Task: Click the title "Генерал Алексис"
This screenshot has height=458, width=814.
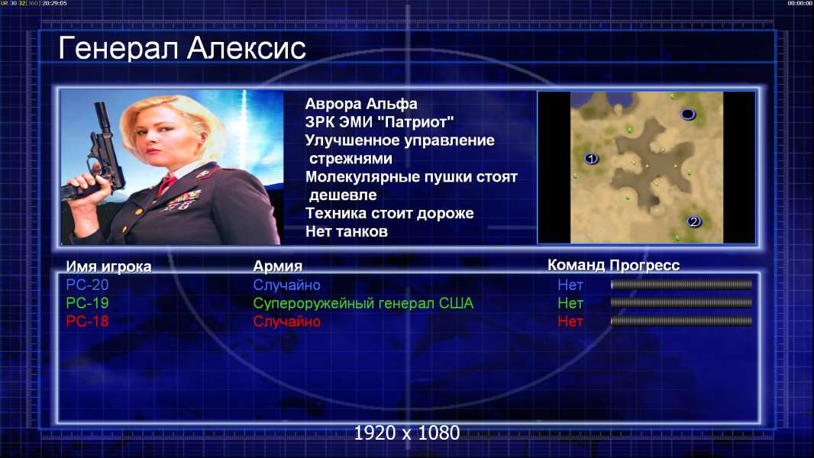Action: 183,48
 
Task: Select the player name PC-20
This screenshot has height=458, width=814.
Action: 87,285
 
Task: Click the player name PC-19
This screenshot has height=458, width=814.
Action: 87,303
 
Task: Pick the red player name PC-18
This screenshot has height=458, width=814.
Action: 87,321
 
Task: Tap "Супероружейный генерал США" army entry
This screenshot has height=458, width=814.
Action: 363,304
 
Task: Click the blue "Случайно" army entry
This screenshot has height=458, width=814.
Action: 286,285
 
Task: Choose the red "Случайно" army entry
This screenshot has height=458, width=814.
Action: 286,321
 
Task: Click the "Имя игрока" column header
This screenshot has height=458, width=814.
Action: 108,266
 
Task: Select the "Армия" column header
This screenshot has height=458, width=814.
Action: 277,266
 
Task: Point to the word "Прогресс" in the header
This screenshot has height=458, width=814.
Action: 644,266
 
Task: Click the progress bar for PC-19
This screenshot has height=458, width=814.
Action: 681,303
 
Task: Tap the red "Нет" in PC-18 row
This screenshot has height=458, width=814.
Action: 570,321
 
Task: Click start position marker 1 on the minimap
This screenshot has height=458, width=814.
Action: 591,159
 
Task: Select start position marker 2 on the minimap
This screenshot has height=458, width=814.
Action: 694,222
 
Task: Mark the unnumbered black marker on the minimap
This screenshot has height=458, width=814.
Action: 688,114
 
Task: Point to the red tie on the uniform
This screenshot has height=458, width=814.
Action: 166,184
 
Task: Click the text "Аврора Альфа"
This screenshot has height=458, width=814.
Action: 360,105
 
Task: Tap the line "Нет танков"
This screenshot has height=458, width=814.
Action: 346,232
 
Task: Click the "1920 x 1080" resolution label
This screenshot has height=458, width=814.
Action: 407,433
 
